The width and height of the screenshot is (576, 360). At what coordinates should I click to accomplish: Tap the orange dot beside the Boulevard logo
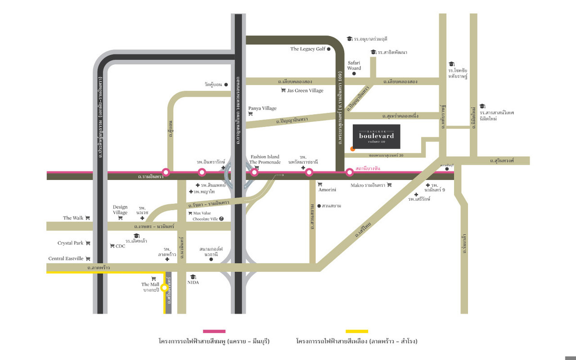pos(352,149)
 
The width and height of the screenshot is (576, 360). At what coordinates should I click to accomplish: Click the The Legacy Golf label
pos(308,49)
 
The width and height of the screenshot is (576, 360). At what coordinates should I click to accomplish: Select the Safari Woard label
pos(354,65)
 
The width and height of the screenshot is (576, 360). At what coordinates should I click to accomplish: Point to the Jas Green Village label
pos(305,90)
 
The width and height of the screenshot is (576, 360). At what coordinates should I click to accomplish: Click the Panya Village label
pos(262,108)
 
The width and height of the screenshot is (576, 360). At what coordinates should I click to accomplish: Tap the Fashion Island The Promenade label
pos(264,159)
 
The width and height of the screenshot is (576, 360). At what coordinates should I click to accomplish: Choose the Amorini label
pos(327,190)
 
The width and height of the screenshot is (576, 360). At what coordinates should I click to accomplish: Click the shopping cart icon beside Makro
pos(389,185)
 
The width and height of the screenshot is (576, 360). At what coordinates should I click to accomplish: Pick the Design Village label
pos(120,210)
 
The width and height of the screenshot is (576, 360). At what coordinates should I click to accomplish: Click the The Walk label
pos(73,218)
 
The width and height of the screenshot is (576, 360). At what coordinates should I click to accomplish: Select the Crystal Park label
pos(71,243)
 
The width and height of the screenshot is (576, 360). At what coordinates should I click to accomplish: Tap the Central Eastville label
pos(66,259)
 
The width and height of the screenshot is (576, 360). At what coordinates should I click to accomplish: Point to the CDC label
pos(120,246)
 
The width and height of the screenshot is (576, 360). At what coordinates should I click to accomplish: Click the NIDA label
pos(193,282)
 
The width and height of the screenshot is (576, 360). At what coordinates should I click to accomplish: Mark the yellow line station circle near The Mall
pos(164,288)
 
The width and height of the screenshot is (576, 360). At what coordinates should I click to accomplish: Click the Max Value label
pos(202,213)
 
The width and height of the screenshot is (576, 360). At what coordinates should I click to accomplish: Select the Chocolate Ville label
pos(205,219)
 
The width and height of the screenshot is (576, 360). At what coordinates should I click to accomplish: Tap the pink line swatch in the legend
pos(214,331)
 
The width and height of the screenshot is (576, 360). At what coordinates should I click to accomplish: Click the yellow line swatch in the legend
pos(357,331)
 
